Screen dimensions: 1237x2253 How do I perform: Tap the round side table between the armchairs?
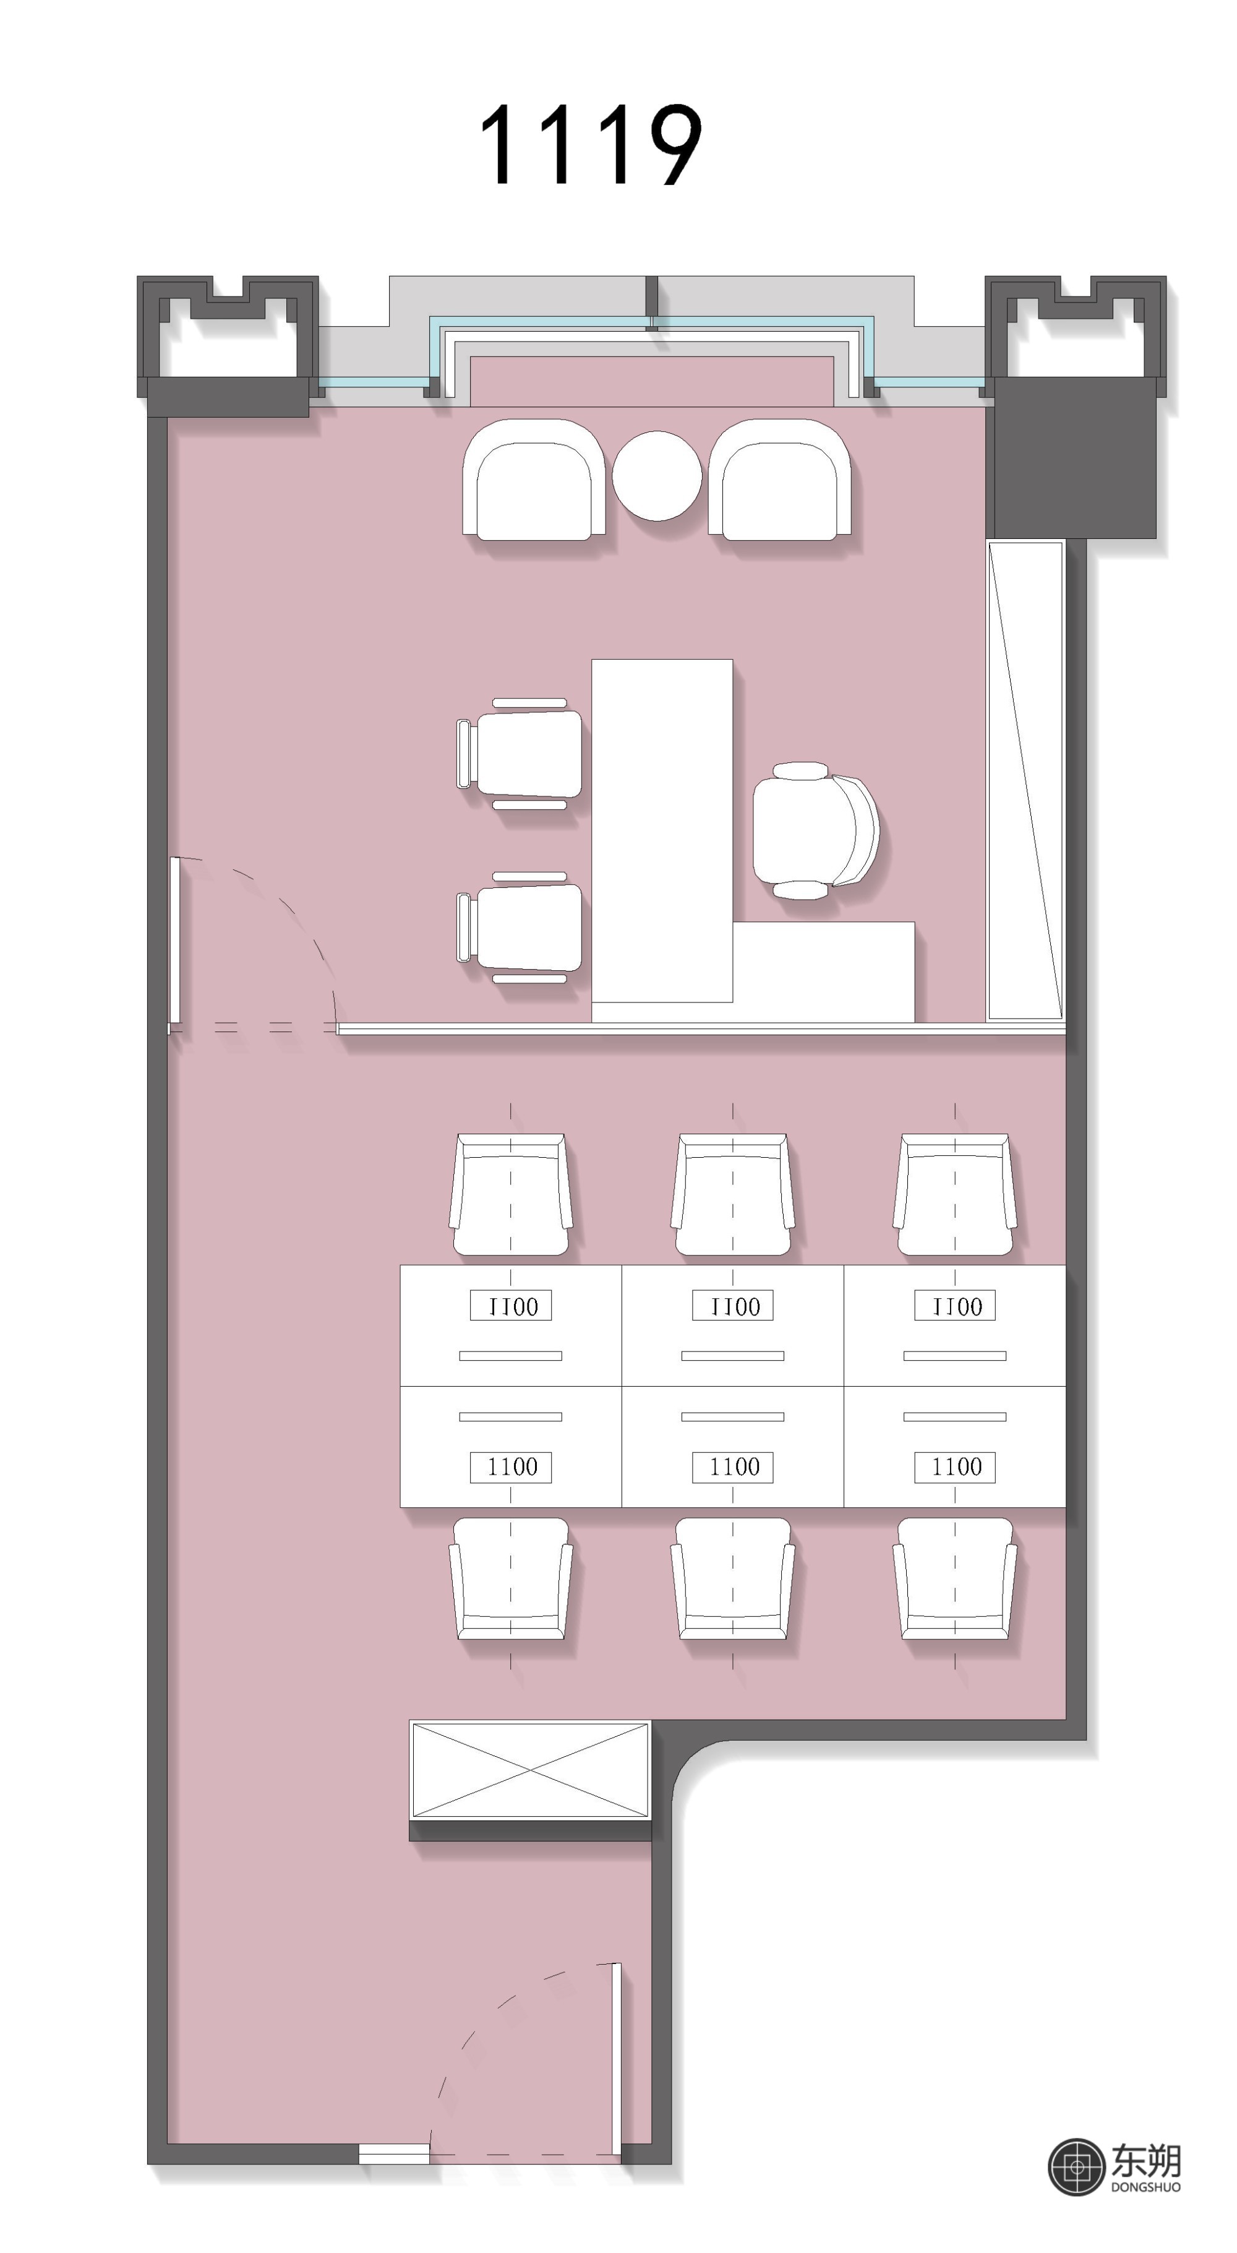(656, 476)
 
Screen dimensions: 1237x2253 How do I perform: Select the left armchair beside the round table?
(533, 480)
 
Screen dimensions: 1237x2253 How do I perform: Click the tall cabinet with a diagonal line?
(1025, 781)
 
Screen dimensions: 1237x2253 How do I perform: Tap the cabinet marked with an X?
(531, 1769)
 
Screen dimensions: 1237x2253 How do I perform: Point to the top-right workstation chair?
(954, 1195)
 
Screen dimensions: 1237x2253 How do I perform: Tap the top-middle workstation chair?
(732, 1195)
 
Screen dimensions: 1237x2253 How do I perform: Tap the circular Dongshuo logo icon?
(1076, 2167)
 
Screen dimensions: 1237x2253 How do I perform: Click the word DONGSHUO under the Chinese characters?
(1145, 2187)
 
